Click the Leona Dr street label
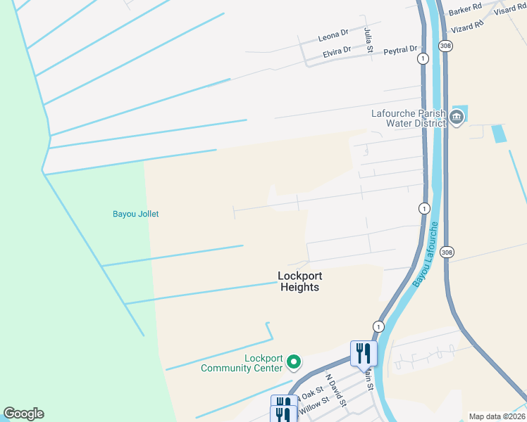[x=333, y=34]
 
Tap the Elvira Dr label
[x=337, y=51]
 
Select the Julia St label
[x=368, y=41]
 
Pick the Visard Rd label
[x=509, y=9]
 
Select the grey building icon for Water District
[x=457, y=117]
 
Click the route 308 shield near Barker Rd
[x=445, y=45]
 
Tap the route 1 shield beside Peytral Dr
[x=422, y=58]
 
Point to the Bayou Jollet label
[x=135, y=214]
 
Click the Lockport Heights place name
[x=299, y=282]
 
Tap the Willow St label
[x=314, y=406]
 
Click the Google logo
[x=23, y=414]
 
